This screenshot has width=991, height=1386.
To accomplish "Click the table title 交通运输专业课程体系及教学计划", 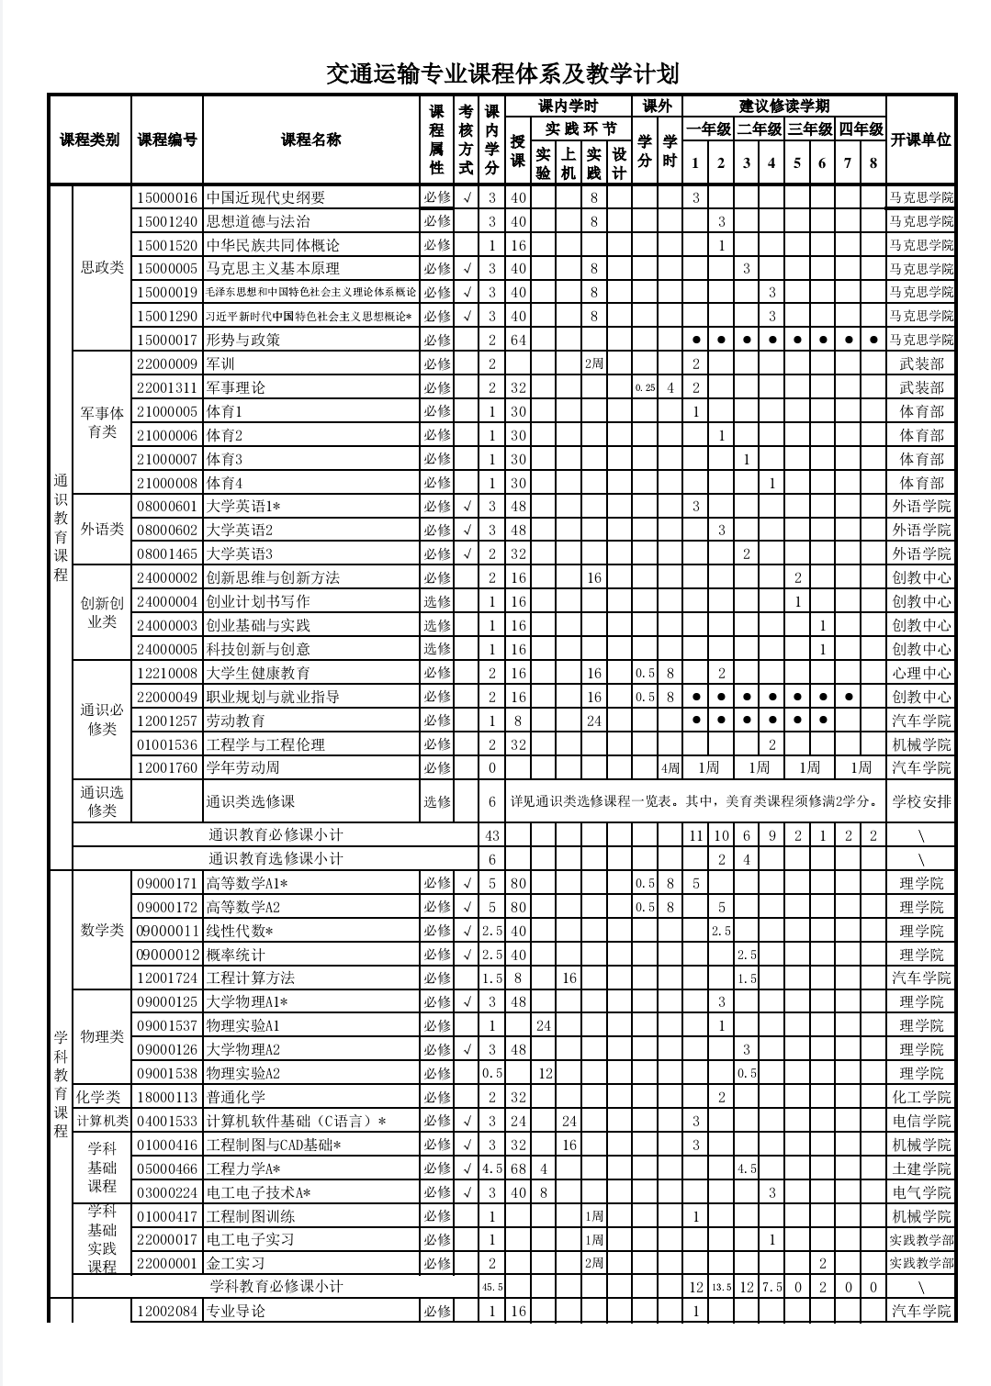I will click(502, 73).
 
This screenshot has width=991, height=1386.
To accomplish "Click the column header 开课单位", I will click(920, 140).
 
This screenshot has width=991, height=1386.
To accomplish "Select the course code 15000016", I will click(167, 197).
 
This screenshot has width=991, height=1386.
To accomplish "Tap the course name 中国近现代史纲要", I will click(265, 197).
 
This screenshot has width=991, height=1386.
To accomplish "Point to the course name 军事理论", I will click(236, 387).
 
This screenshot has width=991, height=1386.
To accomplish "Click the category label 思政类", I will click(102, 268).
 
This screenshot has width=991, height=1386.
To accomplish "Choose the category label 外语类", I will click(102, 530).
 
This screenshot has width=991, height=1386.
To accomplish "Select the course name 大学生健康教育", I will click(259, 673).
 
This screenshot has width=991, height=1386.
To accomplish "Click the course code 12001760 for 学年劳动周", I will click(167, 768).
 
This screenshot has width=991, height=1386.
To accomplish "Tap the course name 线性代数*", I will click(241, 931).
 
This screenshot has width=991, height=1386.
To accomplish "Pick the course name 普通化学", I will click(236, 1097).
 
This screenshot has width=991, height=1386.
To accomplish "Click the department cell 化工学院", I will click(921, 1097).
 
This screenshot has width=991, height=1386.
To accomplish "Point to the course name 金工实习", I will click(236, 1263).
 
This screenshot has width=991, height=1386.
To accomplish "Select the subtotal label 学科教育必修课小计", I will click(276, 1287).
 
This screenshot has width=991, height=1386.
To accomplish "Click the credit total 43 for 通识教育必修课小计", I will click(492, 835).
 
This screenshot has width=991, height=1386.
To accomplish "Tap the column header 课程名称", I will click(310, 140).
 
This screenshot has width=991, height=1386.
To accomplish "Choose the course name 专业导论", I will click(236, 1311).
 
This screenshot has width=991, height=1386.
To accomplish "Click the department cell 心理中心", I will click(921, 673).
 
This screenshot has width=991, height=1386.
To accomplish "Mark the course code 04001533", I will click(167, 1121).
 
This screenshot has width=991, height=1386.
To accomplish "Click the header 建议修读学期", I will click(784, 106).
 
